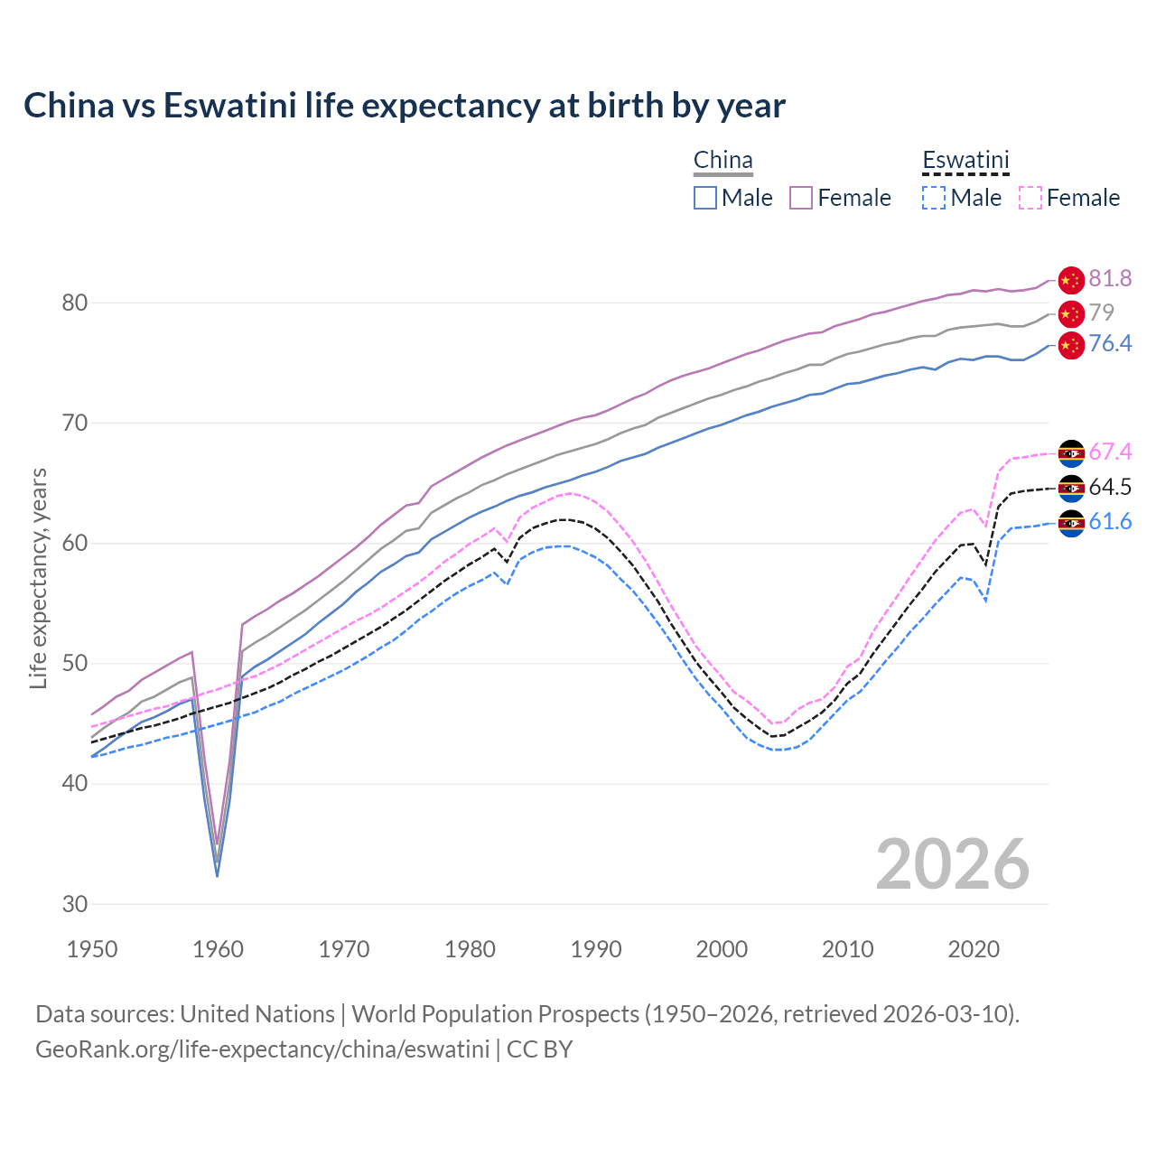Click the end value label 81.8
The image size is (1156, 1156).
click(x=1110, y=279)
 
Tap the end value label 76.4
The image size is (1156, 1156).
click(x=1110, y=344)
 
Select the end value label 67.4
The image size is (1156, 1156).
click(x=1110, y=452)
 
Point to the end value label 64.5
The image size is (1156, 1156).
click(x=1110, y=488)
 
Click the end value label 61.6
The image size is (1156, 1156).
click(x=1110, y=522)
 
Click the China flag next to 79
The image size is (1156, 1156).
click(x=1071, y=314)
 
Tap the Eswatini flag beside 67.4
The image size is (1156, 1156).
click(x=1071, y=452)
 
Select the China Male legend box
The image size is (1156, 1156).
click(x=705, y=198)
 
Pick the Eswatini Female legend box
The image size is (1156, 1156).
click(x=1030, y=198)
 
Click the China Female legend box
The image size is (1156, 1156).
click(x=801, y=198)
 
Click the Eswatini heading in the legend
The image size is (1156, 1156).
click(x=965, y=161)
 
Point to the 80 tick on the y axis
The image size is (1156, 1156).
click(x=75, y=303)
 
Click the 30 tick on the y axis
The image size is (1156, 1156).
click(x=75, y=904)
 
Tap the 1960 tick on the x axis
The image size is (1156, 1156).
click(x=219, y=949)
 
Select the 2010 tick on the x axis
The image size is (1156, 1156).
click(x=847, y=949)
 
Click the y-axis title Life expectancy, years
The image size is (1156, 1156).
click(x=38, y=578)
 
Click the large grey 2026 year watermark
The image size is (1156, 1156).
click(x=952, y=864)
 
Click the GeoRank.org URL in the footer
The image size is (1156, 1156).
click(x=262, y=1049)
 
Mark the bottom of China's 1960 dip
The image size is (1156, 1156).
click(x=218, y=874)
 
